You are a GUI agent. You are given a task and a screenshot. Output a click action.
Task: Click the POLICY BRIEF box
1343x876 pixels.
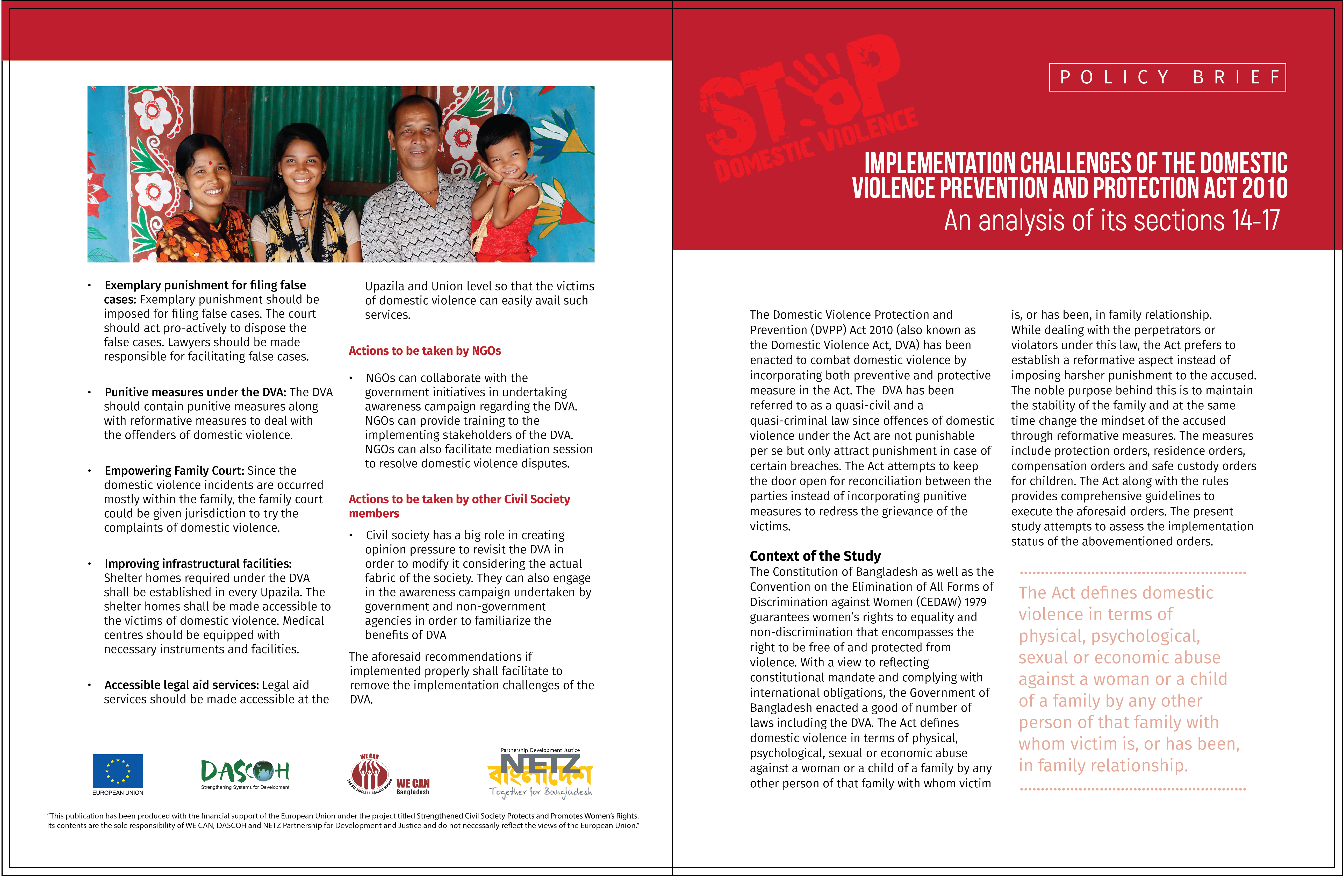click(1167, 77)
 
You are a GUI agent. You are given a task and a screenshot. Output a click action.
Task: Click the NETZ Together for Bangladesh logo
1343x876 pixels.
click(540, 773)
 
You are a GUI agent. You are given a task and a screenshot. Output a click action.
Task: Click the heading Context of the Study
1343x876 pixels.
click(815, 556)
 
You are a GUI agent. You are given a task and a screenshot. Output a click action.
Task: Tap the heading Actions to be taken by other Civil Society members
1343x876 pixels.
click(459, 506)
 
